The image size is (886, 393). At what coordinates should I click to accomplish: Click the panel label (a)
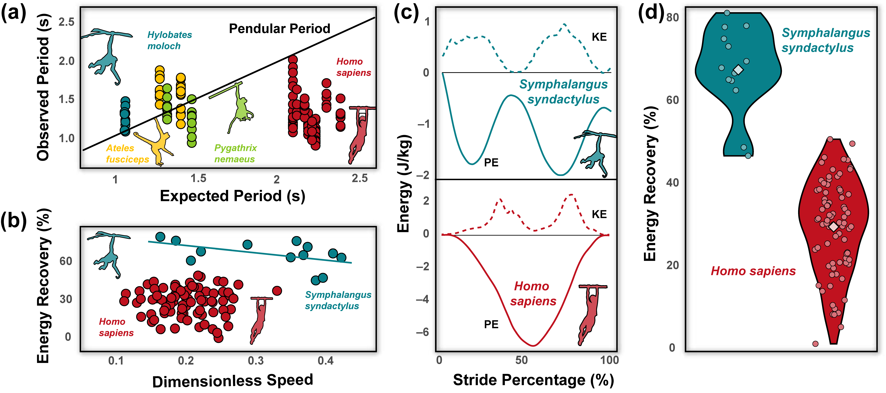click(14, 14)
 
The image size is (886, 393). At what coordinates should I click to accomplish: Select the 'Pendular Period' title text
click(279, 29)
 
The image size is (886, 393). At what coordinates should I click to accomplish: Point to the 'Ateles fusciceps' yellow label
click(127, 154)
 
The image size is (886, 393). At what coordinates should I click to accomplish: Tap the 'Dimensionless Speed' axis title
click(233, 381)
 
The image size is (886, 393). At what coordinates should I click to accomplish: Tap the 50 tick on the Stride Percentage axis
click(521, 360)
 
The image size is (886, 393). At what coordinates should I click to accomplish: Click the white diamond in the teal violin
click(738, 70)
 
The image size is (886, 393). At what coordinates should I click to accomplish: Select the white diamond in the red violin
click(833, 227)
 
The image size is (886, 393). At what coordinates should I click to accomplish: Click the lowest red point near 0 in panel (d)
click(815, 344)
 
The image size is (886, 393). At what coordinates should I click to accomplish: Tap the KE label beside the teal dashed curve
click(599, 37)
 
